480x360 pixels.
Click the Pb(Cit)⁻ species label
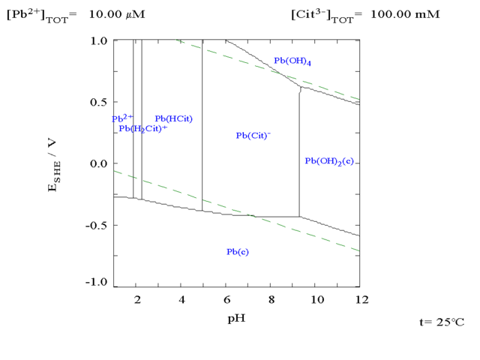coord(253,136)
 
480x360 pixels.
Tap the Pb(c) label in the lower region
coord(237,252)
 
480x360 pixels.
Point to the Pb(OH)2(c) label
coord(328,161)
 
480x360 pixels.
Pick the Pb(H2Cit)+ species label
coord(142,128)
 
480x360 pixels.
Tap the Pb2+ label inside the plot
coord(122,118)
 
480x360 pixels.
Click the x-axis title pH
coord(236,318)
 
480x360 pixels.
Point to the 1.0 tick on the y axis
coord(99,40)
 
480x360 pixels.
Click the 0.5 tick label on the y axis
coord(99,102)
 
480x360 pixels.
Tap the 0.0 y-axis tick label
coord(99,163)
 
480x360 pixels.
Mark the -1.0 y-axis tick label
coord(97,283)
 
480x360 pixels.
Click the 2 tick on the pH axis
coord(137,300)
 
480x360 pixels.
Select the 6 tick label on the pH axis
coord(226,300)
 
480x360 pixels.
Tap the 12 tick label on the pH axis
coord(361,300)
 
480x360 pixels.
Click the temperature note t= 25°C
coord(442,322)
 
